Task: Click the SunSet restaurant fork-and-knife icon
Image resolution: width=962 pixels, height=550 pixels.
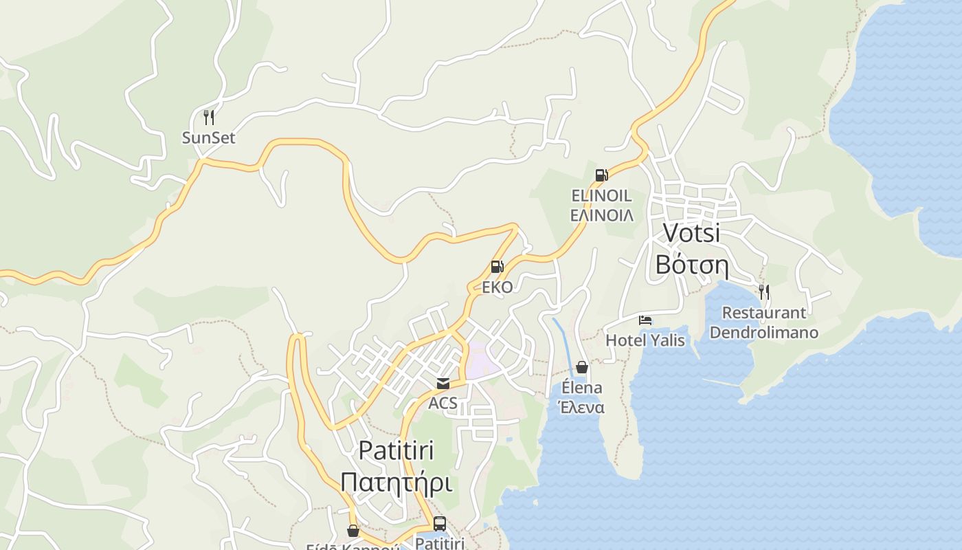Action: tap(209, 118)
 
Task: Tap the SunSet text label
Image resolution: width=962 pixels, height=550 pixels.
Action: tap(208, 137)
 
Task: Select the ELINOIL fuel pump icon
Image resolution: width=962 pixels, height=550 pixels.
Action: tap(601, 175)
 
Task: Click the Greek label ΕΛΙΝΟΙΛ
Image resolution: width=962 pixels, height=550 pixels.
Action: tap(602, 215)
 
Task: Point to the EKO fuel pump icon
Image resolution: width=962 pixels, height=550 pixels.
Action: tap(497, 267)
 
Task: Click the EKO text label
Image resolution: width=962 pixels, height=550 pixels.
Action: tap(497, 287)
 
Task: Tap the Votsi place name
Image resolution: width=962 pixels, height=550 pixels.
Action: tap(691, 232)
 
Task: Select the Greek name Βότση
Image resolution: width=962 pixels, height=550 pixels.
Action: tap(691, 265)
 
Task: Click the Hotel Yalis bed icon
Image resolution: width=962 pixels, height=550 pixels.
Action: tap(645, 320)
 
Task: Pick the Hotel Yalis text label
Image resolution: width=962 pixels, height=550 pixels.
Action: tap(645, 340)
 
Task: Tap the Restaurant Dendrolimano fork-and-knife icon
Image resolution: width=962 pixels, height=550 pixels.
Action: tap(763, 291)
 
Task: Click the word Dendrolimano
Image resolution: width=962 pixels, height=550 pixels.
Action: tap(763, 333)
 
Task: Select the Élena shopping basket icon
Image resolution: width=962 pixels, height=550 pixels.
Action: tap(582, 367)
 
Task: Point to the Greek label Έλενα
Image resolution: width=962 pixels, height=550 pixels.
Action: tap(582, 407)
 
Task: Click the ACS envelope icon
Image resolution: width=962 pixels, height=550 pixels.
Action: tap(443, 383)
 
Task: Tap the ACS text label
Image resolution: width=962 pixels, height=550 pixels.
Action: tap(443, 403)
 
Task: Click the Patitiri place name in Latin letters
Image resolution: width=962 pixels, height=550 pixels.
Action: tap(396, 450)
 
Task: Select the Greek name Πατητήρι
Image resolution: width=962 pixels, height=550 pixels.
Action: tap(396, 482)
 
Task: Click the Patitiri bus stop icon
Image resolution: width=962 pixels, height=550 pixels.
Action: tap(440, 523)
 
